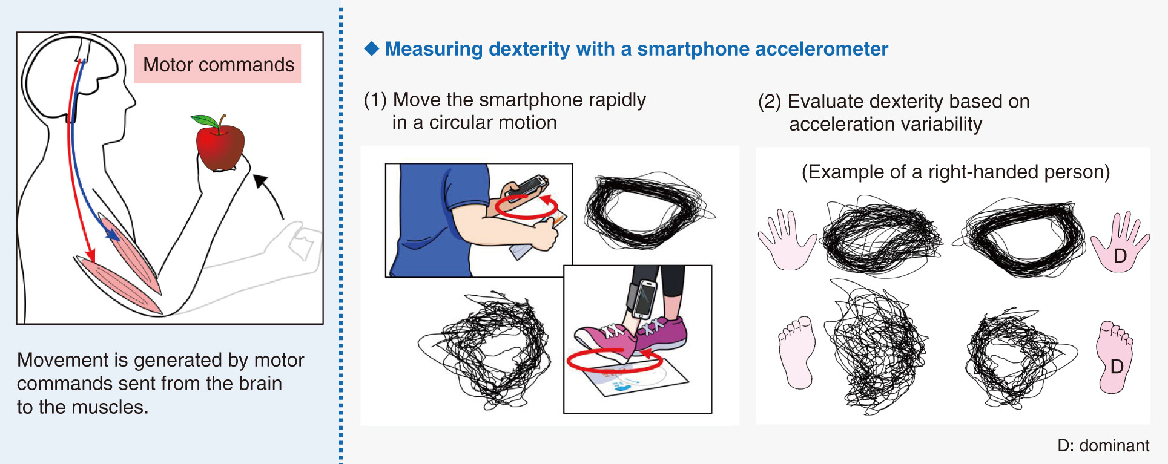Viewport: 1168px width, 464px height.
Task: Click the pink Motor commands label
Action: coord(217,64)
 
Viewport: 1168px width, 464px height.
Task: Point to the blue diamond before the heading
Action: coord(371,48)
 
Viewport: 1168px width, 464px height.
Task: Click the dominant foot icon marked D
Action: coord(1114,357)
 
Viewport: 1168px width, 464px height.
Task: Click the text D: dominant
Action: coord(1103,445)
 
